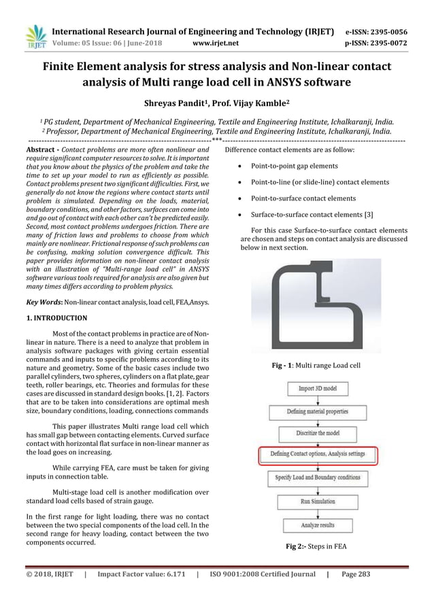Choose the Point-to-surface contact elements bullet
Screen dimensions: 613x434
pos(303,198)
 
